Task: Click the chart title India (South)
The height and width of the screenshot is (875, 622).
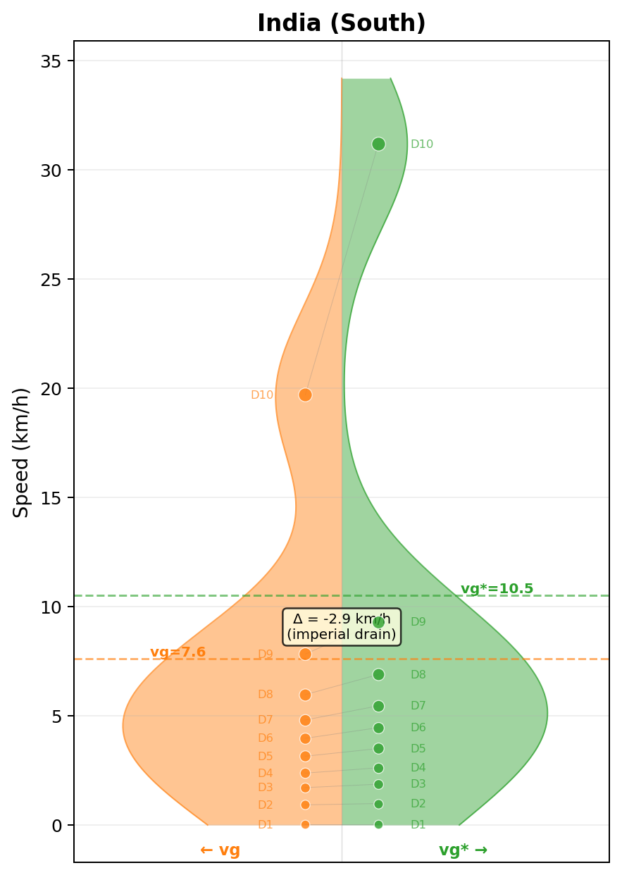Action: click(x=341, y=23)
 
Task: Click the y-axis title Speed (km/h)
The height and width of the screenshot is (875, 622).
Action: click(x=22, y=452)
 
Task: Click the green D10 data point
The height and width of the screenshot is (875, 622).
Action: click(x=378, y=144)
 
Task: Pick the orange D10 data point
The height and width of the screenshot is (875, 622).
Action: click(x=305, y=395)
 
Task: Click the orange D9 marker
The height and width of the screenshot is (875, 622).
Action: click(x=305, y=654)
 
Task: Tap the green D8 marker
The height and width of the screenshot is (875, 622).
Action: click(x=378, y=674)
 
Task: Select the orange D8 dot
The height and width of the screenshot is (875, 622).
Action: click(x=305, y=695)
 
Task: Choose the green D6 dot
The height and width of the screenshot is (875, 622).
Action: click(x=378, y=728)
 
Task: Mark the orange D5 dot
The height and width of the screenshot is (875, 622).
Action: click(x=305, y=756)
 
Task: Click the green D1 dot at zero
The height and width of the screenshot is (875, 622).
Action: click(x=378, y=824)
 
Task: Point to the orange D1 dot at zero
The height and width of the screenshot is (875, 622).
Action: click(x=305, y=824)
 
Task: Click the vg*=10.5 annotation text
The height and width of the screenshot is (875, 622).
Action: click(x=497, y=589)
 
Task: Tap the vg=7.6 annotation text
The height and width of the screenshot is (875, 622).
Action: click(x=178, y=652)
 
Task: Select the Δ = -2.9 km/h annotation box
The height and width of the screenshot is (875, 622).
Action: click(x=342, y=626)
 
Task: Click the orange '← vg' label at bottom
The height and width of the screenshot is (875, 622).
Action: click(x=220, y=850)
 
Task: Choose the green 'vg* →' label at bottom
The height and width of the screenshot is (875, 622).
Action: click(x=463, y=850)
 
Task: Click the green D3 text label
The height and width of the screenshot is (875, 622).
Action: click(x=418, y=783)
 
